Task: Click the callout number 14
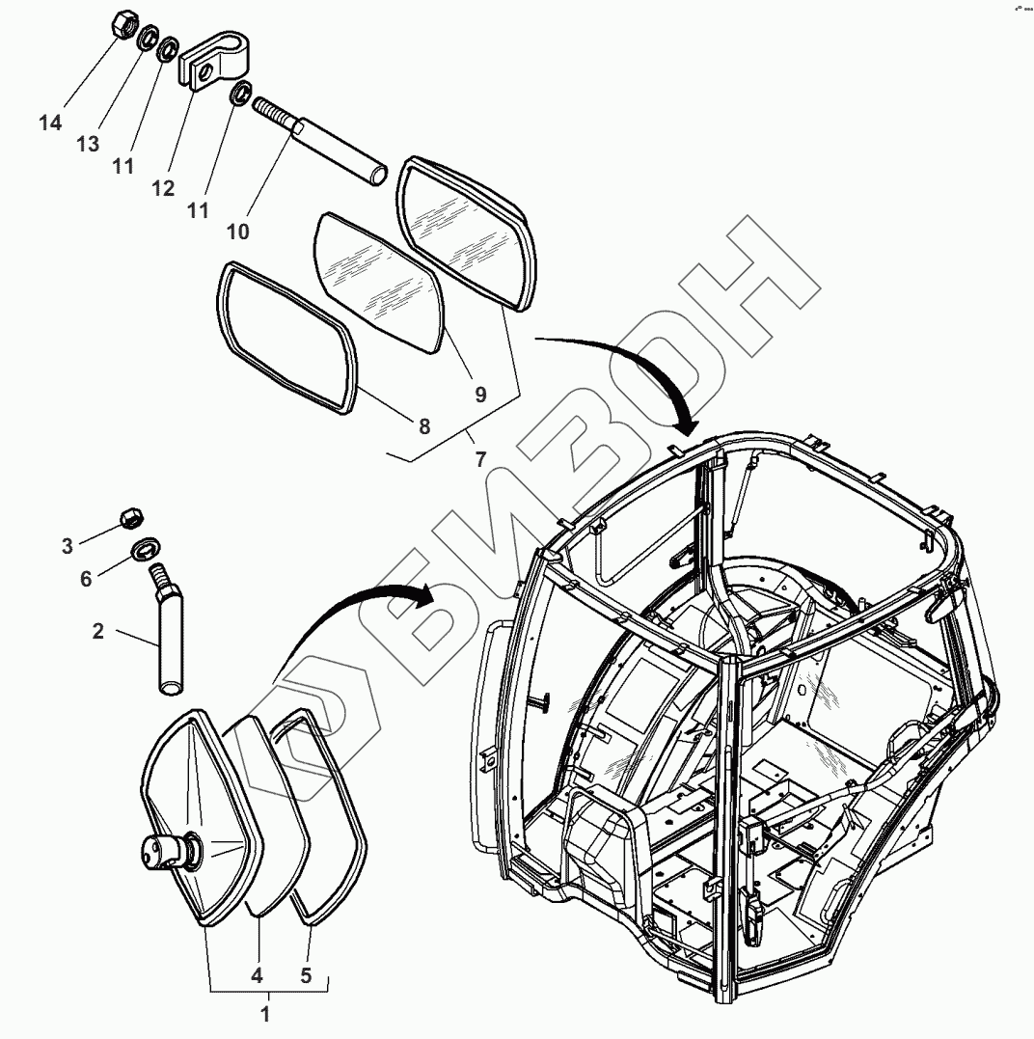[50, 123]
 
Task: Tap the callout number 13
[88, 144]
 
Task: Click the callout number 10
[237, 231]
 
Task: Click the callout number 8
[423, 424]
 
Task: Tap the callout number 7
[480, 460]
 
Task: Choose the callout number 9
[480, 394]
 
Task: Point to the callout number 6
[86, 579]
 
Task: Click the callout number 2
[97, 632]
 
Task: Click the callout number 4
[258, 975]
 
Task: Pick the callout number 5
[306, 975]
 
